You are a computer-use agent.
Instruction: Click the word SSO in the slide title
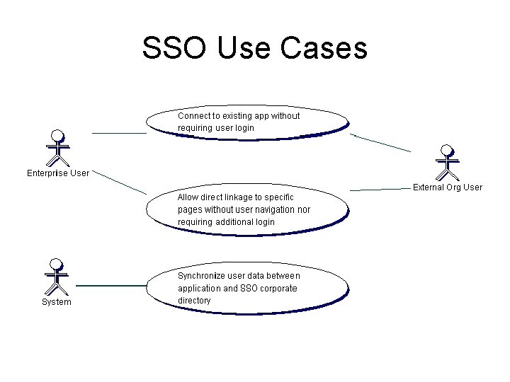pos(175,48)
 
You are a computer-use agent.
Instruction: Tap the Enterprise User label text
pos(58,173)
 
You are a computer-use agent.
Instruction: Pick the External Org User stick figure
pos(447,163)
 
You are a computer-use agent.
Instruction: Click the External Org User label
pos(447,187)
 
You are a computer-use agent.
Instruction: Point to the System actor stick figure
pos(55,277)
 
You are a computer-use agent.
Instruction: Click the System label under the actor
pos(56,302)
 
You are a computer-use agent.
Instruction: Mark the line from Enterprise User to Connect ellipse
pos(118,132)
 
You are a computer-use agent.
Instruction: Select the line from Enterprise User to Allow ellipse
pos(119,182)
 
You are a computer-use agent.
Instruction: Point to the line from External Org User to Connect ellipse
pos(380,142)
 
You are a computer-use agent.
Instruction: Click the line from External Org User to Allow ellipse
pos(380,190)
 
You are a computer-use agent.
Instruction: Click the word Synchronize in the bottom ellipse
pos(202,276)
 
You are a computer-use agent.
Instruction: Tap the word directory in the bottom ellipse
pos(194,301)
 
